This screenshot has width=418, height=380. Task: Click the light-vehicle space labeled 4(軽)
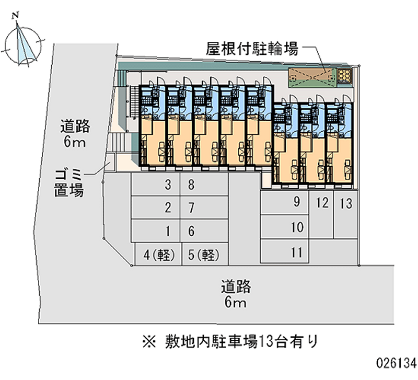(158, 255)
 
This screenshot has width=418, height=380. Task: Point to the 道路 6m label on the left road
(75, 133)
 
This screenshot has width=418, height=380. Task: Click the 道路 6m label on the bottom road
(235, 293)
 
